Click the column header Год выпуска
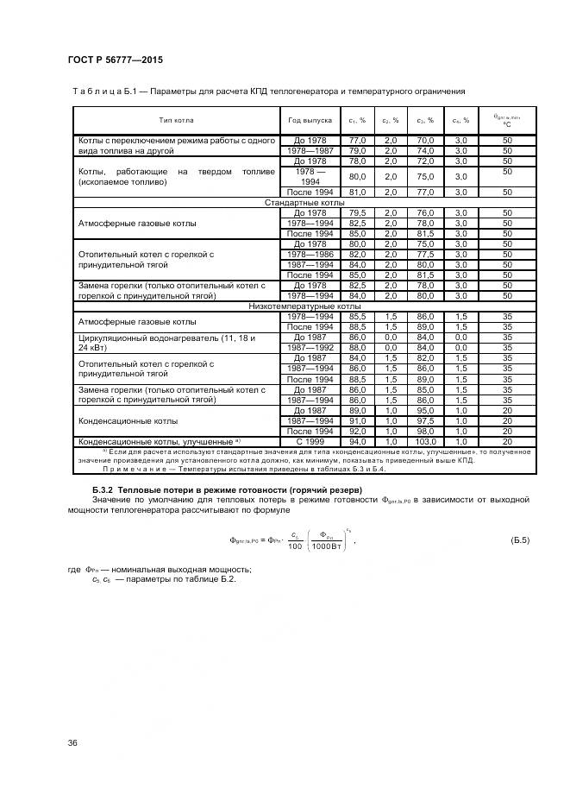(x=310, y=120)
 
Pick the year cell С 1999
(x=310, y=442)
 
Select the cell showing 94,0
(x=357, y=442)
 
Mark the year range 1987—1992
(x=310, y=348)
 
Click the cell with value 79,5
(x=357, y=212)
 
